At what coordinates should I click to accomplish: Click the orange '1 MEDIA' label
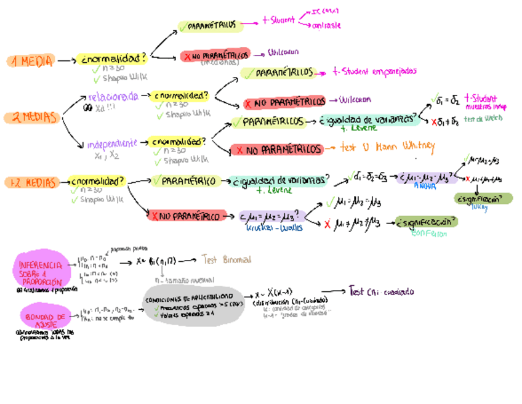point(31,61)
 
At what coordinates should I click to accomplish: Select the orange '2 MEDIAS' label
point(30,117)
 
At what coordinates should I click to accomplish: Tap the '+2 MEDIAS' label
point(32,182)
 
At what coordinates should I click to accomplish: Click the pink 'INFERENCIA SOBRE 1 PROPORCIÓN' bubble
point(40,269)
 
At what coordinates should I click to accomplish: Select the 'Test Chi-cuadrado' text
point(381,291)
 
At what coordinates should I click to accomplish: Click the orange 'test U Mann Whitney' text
point(388,147)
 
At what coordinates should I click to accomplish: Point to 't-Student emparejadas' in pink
point(374,71)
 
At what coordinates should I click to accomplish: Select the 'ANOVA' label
point(425,185)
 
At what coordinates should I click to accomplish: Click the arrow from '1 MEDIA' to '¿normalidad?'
point(64,61)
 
